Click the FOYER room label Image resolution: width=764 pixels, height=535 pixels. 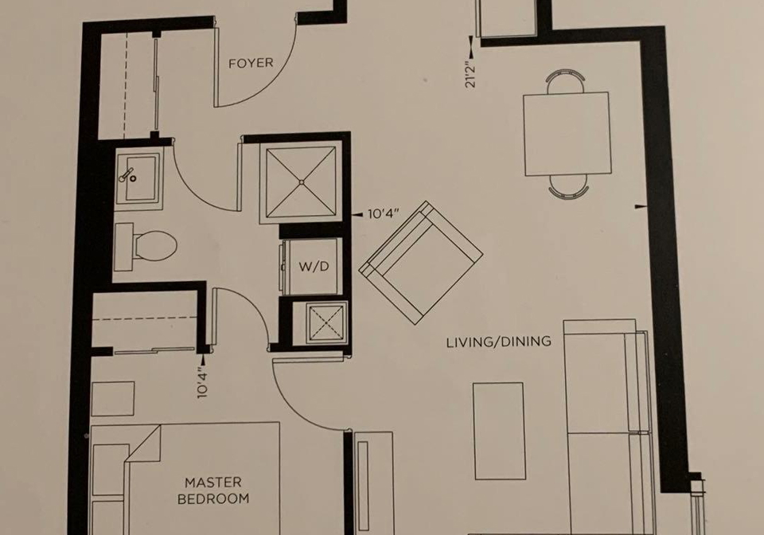(251, 64)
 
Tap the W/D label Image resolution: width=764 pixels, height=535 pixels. (314, 267)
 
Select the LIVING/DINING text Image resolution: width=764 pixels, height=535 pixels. (499, 342)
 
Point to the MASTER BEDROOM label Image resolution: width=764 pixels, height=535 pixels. (213, 490)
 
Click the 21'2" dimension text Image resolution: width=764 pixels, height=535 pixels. (470, 74)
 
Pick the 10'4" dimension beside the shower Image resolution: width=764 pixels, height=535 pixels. (384, 213)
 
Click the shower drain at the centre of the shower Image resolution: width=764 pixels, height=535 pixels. (302, 182)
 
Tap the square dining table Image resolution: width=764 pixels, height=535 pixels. (567, 134)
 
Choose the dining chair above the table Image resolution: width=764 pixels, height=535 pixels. (566, 80)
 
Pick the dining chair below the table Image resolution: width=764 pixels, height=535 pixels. (568, 186)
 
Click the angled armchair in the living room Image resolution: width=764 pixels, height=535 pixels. (421, 263)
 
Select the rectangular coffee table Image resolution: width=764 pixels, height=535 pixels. (499, 432)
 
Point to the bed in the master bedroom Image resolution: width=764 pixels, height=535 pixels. (185, 478)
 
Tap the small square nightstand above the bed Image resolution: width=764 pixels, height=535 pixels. (113, 399)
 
